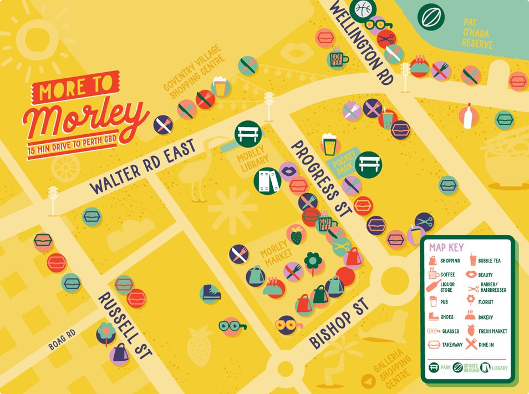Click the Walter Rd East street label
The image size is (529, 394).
[143, 167]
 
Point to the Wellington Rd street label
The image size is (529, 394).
[363, 42]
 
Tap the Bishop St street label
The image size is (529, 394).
[339, 324]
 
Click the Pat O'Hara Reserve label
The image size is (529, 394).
[477, 33]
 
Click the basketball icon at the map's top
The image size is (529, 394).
[364, 8]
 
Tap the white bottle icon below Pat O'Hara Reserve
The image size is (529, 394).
[468, 117]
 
